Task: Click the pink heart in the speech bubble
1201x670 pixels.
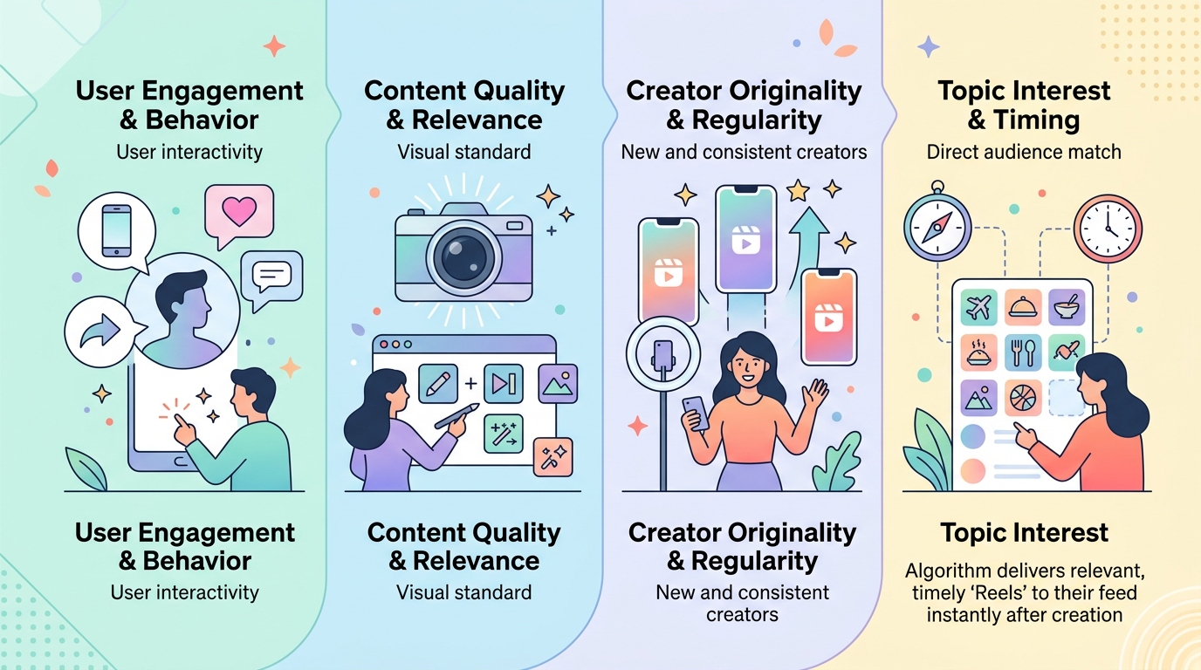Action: coord(239,210)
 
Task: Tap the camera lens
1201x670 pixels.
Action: coord(463,258)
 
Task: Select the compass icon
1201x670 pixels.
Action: coord(937,226)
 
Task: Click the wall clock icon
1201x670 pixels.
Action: coord(1108,229)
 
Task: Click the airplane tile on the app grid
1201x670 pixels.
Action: coord(978,308)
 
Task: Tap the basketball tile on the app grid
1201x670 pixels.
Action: coord(1023,398)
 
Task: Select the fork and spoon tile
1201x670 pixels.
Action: coord(1023,352)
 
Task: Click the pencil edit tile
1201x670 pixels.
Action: coord(438,384)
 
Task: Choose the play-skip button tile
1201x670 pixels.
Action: coord(504,384)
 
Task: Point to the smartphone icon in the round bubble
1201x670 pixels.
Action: coord(117,230)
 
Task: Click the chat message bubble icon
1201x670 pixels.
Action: coord(271,279)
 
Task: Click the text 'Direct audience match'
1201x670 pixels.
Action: coord(1024,152)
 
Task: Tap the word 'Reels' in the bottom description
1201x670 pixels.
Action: coord(996,593)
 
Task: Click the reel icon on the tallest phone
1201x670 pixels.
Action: coord(745,240)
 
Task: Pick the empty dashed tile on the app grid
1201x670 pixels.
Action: coord(1067,398)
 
